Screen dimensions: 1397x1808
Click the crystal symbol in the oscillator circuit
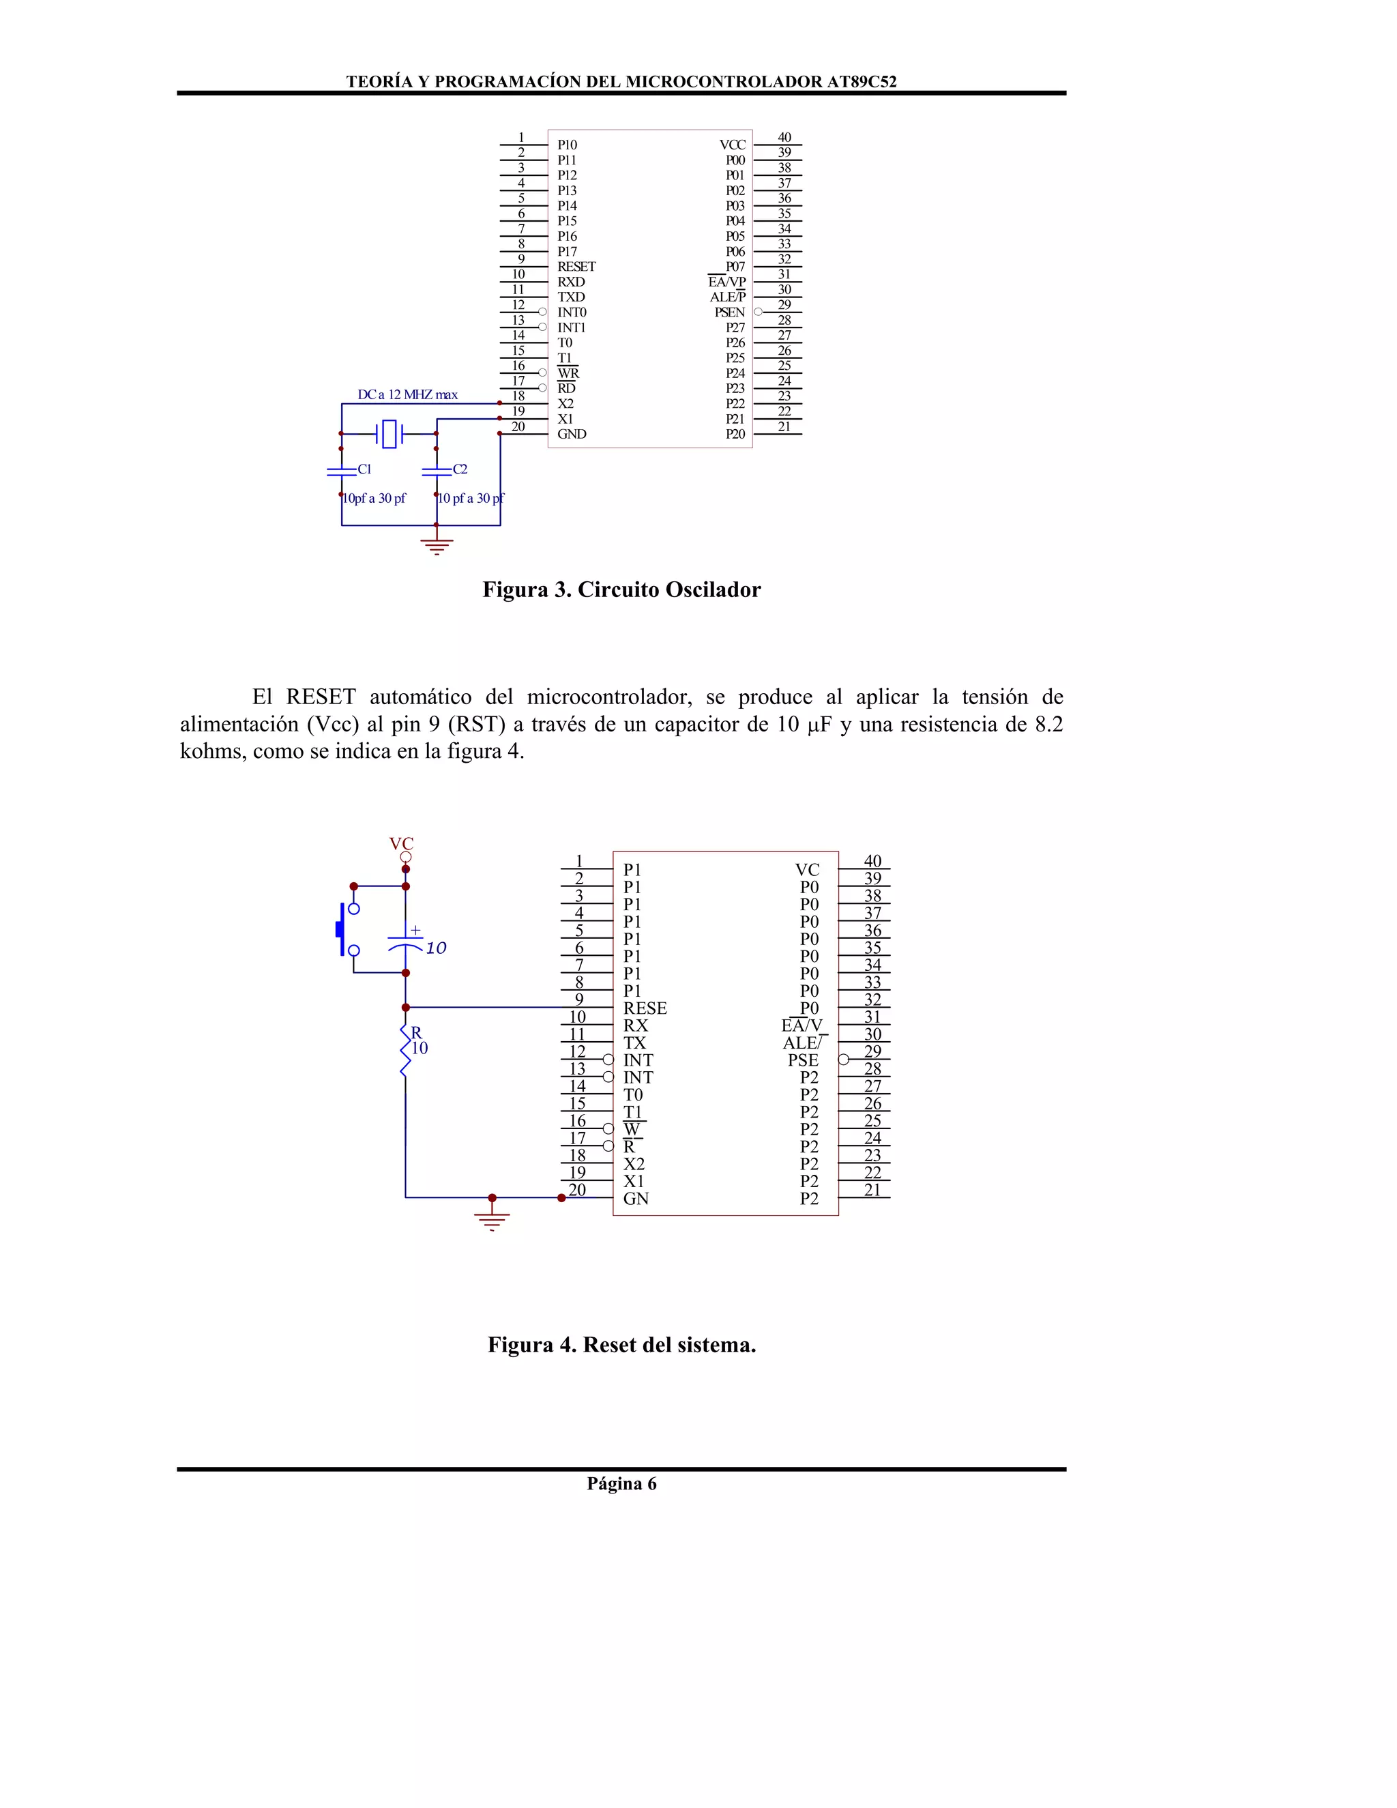(388, 433)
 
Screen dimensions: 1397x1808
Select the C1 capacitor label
(364, 469)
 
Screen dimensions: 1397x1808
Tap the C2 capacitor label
(460, 469)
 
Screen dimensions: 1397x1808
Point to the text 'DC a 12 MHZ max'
(407, 395)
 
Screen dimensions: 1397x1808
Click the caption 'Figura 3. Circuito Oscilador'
(621, 589)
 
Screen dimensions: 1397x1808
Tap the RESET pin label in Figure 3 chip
(576, 267)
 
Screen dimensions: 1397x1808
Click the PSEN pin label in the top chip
(729, 312)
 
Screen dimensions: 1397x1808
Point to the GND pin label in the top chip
(571, 434)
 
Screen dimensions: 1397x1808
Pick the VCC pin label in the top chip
(732, 145)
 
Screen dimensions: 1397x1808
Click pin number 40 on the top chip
(784, 137)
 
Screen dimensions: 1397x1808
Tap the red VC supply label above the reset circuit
(401, 843)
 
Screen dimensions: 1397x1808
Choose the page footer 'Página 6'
(621, 1483)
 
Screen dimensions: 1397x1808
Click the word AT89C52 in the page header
(862, 82)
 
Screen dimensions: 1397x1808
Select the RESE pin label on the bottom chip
(645, 1008)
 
